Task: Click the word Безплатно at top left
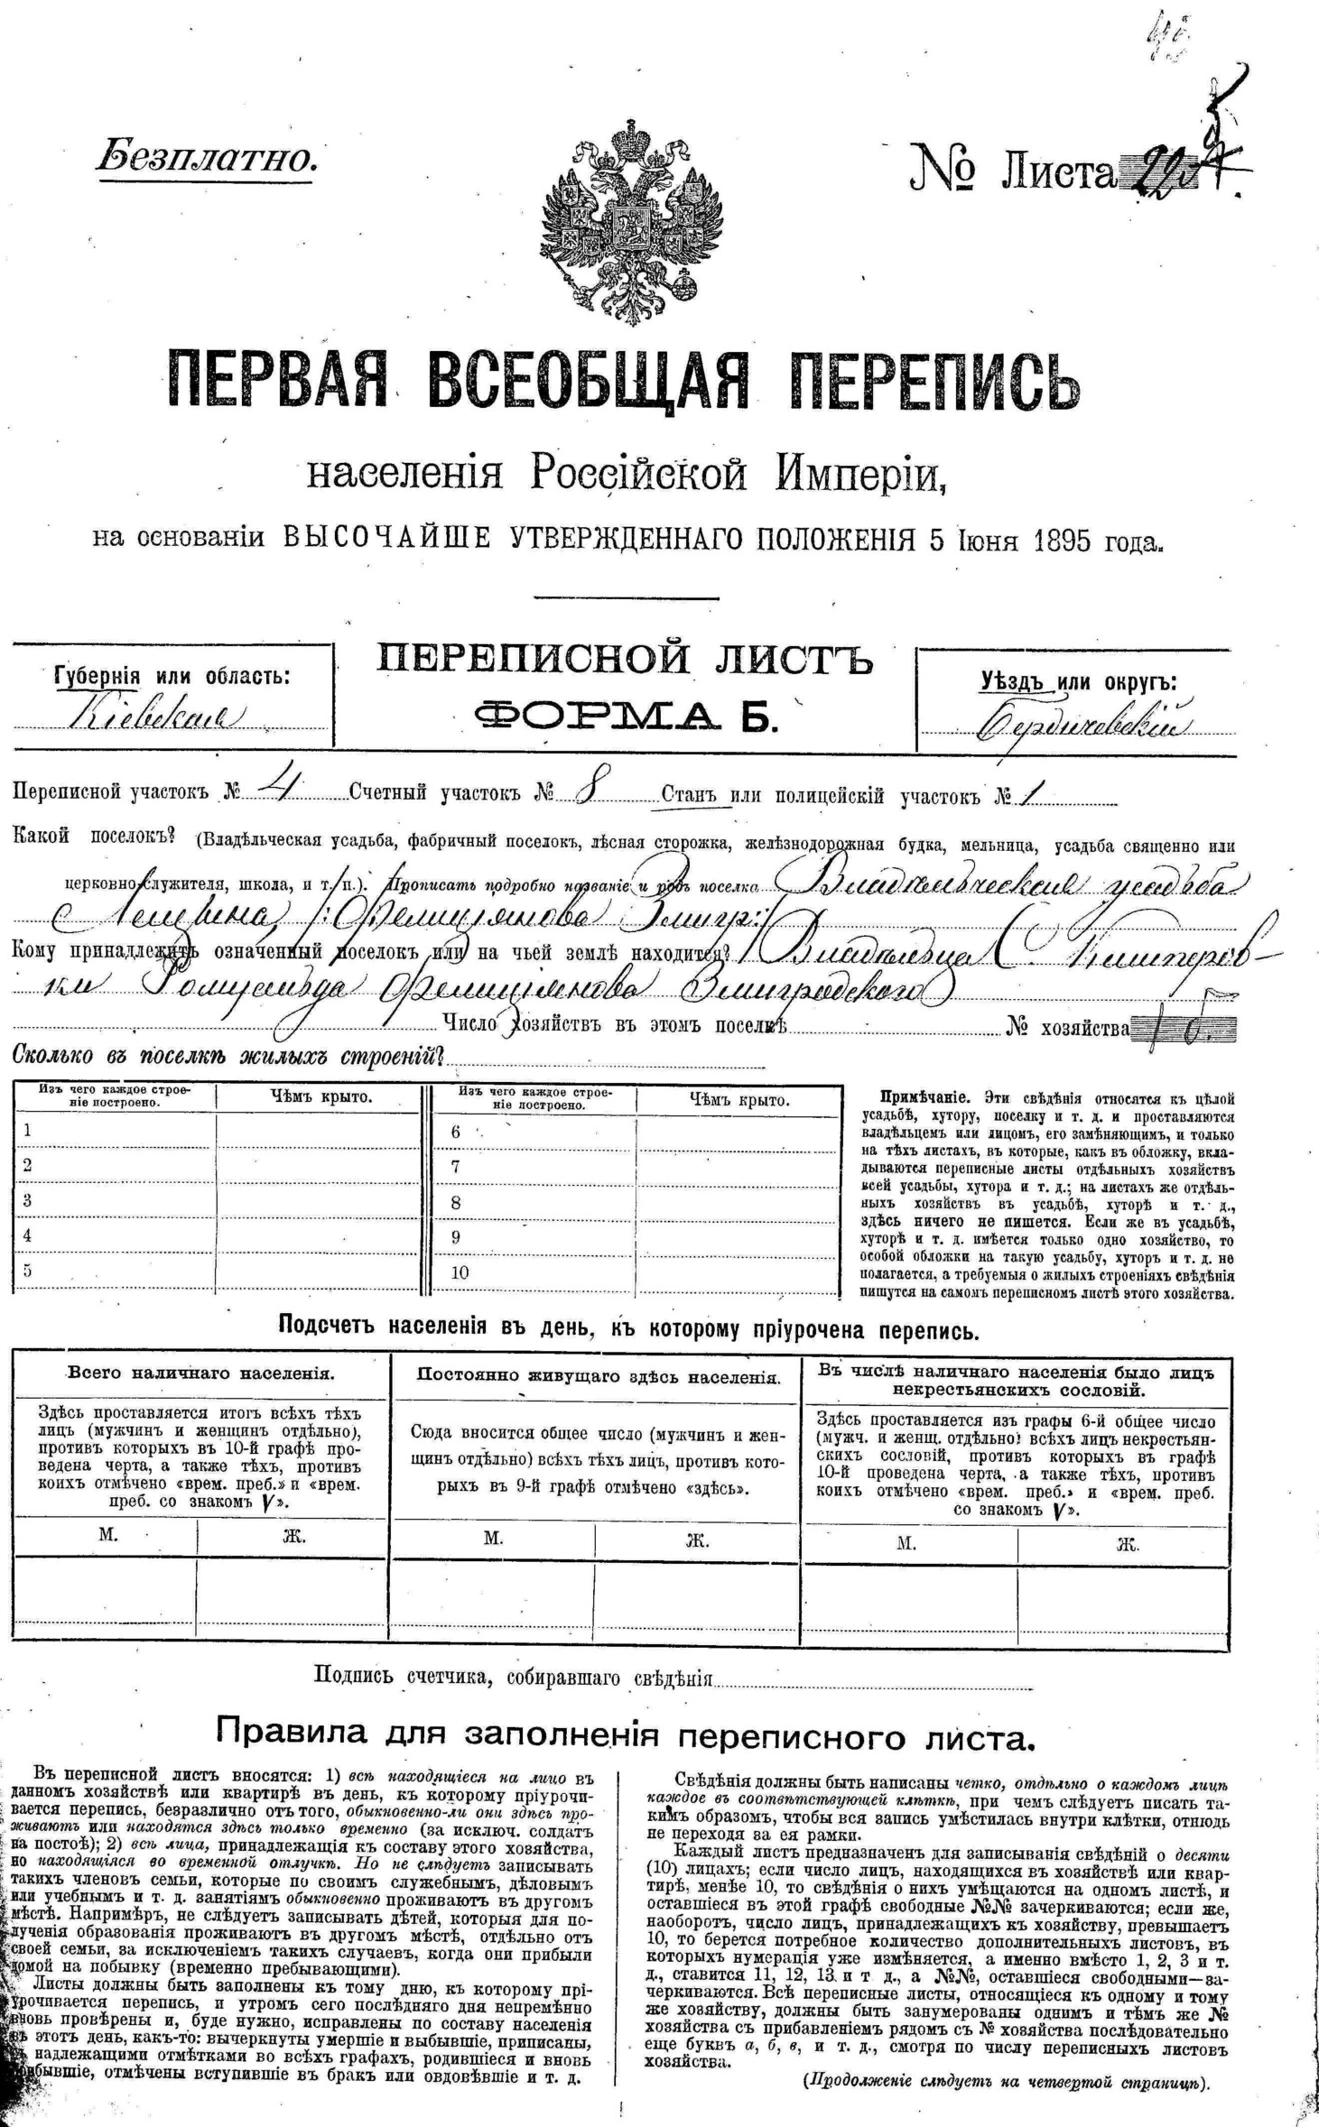coord(207,158)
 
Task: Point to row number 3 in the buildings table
coord(28,1200)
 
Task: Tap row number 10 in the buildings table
coord(460,1272)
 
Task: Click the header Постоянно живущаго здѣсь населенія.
coord(598,1376)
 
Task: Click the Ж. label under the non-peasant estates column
coord(1127,1544)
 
